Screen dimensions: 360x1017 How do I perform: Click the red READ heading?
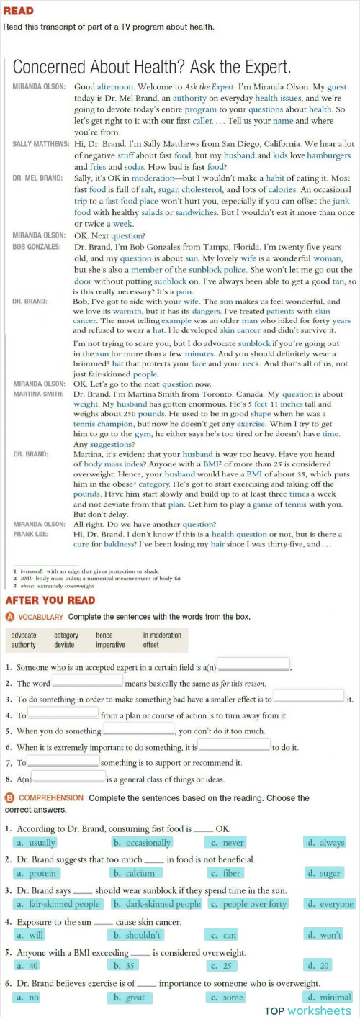coord(19,12)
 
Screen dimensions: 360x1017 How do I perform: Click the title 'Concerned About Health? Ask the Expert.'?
coord(152,68)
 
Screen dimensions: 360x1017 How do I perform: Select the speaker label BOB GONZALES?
coord(37,247)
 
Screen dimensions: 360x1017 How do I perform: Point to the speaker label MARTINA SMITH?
coord(38,394)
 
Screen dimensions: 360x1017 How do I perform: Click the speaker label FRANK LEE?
coord(30,535)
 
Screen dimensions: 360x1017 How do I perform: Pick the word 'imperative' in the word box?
coord(111,645)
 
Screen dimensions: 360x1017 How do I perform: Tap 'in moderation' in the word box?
coord(162,636)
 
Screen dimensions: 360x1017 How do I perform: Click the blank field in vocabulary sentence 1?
coord(253,664)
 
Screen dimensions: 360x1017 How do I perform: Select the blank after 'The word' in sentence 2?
coord(88,682)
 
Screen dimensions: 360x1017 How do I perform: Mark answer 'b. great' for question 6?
coord(131,998)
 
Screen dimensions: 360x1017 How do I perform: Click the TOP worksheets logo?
coord(309,1010)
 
